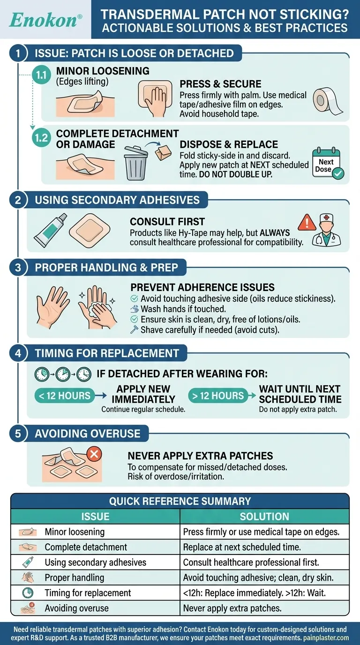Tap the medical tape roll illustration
pos(328,101)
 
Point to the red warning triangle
pos(307,222)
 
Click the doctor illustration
pos(327,230)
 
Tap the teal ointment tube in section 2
pos(51,230)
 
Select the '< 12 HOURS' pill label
pos(65,396)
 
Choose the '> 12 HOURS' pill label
pos(218,396)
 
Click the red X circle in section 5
pos(94,454)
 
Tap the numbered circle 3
pos(18,268)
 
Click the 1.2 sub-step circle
pos(41,138)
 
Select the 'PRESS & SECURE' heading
pos(220,84)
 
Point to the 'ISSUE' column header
pos(95,517)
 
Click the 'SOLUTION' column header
pos(264,517)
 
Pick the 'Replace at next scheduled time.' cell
pos(242,547)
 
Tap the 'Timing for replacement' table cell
pos(88,593)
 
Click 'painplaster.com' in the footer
pos(326,637)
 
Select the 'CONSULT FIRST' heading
pos(167,222)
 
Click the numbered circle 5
pos(18,433)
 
